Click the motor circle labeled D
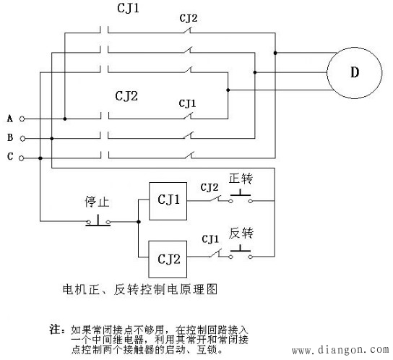click(353, 72)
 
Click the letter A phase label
click(9, 118)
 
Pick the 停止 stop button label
click(96, 203)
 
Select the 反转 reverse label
click(241, 236)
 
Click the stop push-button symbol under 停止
click(98, 220)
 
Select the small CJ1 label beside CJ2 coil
click(210, 238)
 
